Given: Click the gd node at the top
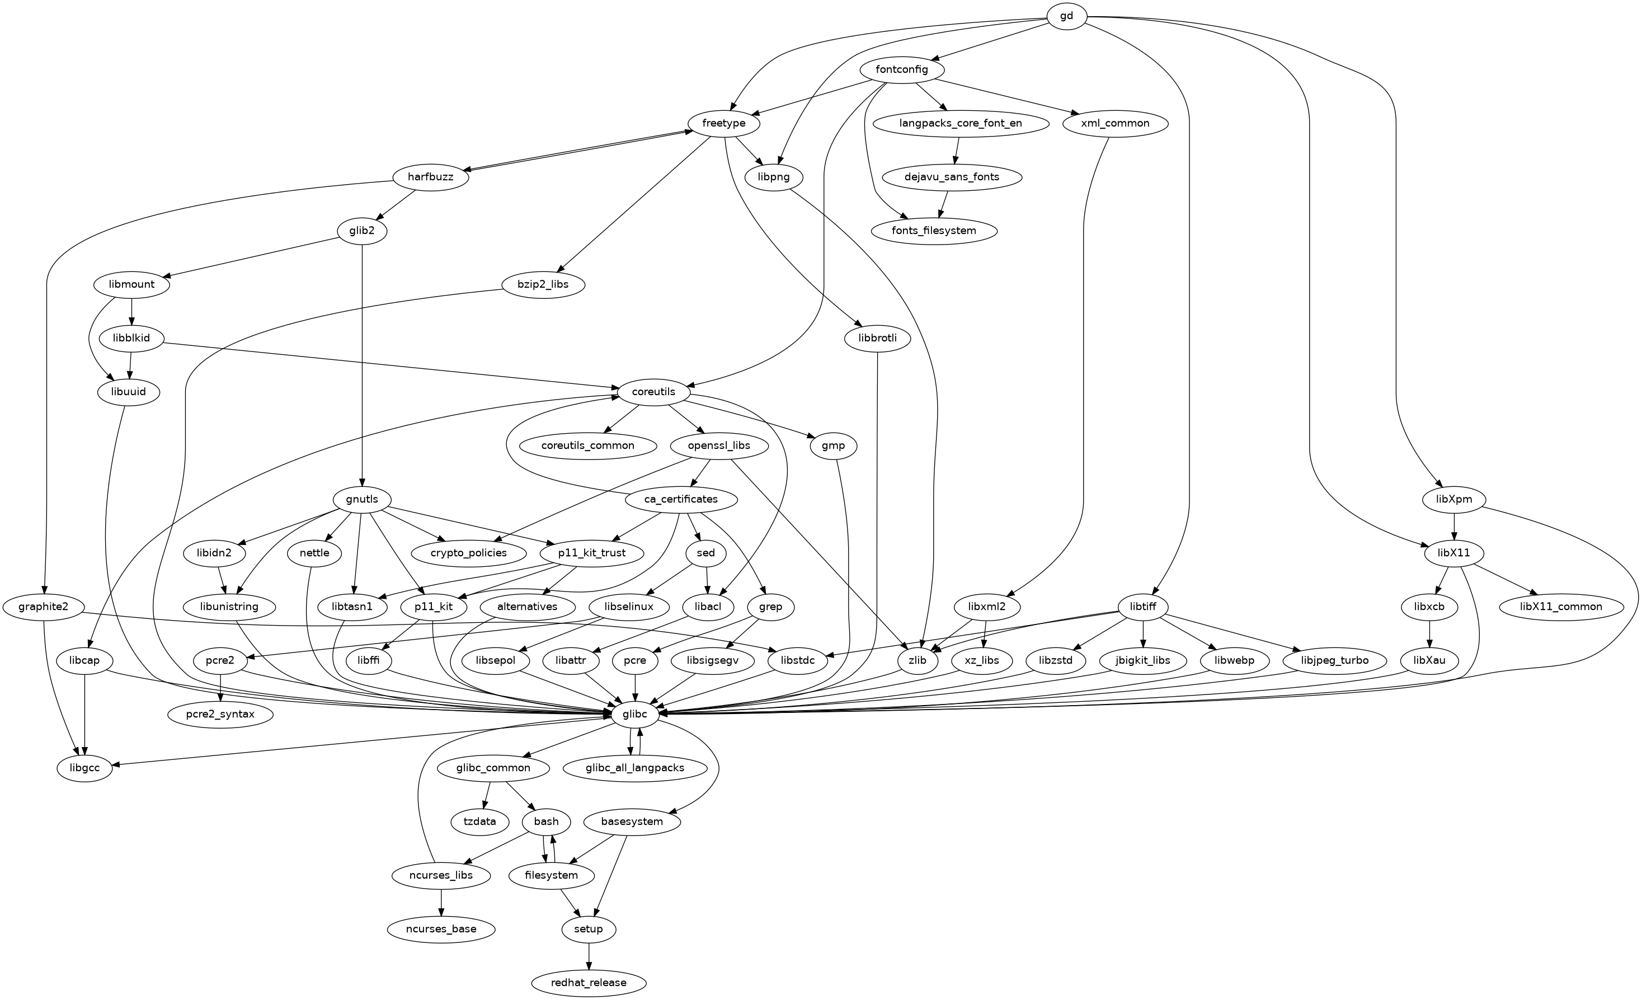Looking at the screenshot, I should tap(1066, 16).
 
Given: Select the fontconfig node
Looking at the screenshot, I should tap(902, 70).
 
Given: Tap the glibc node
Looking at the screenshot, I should tap(634, 714).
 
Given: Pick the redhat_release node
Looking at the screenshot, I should tap(589, 983).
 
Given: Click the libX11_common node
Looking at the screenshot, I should tap(1561, 607).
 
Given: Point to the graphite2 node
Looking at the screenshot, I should tap(44, 607).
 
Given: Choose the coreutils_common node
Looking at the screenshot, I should tap(587, 445).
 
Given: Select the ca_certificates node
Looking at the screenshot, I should tap(681, 499).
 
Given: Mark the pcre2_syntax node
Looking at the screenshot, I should tap(220, 714).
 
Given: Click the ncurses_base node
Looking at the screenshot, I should tap(441, 929).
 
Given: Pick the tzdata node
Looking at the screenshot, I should tap(480, 821).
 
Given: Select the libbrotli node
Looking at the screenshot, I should tap(878, 338).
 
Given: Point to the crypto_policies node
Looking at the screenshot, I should tap(468, 553).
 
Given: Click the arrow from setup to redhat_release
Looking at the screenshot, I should tap(589, 956).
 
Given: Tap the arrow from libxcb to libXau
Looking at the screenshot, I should tap(1430, 633).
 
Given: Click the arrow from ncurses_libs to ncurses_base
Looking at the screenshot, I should tap(441, 902).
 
